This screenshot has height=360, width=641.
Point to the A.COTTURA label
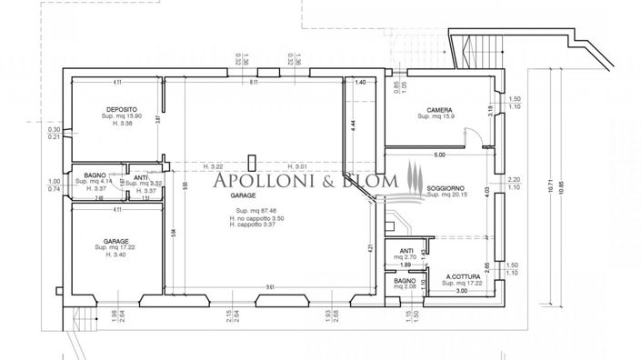point(462,277)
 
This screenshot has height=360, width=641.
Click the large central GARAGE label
point(243,195)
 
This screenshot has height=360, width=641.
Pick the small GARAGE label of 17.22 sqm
point(115,242)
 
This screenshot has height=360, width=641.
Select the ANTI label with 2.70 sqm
point(405,252)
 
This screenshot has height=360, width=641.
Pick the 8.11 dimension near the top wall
point(255,83)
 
